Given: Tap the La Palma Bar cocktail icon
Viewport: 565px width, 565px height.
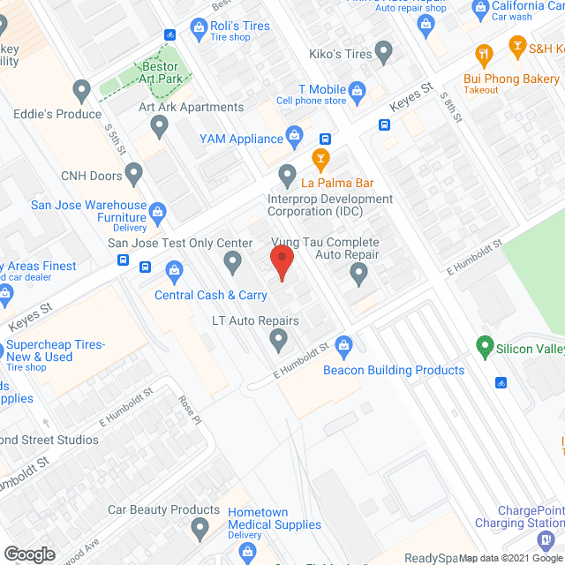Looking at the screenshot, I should coord(321,160).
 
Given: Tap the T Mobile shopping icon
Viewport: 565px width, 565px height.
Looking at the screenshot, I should coord(358,89).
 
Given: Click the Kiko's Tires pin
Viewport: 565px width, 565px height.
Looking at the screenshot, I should coord(384,54).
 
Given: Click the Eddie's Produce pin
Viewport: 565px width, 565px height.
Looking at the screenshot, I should coord(82,89).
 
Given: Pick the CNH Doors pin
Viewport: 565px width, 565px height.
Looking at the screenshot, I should coord(133,174).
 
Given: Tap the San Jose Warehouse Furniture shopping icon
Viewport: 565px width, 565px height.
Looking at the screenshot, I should coord(158,211).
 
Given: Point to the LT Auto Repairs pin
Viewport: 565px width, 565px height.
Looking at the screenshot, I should coord(279,339).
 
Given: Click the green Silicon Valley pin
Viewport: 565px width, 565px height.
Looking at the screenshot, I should coord(484,348).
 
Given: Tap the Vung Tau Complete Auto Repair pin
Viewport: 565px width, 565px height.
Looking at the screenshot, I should coord(358,275).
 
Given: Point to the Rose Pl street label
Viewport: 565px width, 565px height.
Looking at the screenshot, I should coord(188,410).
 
